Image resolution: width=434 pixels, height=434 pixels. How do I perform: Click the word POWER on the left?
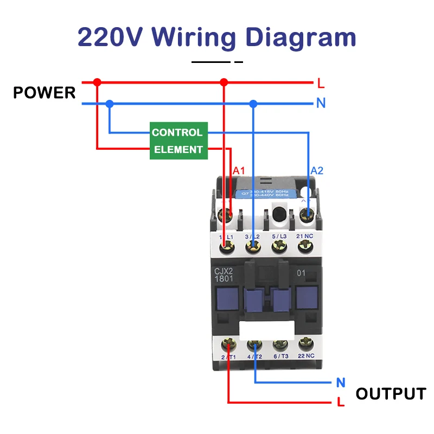pyautogui.click(x=44, y=93)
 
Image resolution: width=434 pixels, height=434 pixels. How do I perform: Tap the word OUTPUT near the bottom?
pyautogui.click(x=391, y=393)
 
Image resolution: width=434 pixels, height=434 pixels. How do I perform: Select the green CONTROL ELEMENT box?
pyautogui.click(x=178, y=141)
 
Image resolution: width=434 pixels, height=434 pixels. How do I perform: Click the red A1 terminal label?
pyautogui.click(x=239, y=170)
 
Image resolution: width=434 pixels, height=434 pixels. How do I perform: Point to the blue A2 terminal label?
pyautogui.click(x=317, y=170)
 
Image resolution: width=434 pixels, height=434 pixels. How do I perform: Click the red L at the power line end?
pyautogui.click(x=321, y=84)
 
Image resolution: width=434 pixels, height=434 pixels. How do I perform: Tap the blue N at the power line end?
pyautogui.click(x=321, y=103)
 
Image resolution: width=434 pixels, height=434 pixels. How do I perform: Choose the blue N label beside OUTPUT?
pyautogui.click(x=341, y=382)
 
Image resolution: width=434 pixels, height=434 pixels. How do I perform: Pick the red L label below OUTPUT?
pyautogui.click(x=341, y=403)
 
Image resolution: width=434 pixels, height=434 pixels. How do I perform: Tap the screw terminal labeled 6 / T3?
pyautogui.click(x=280, y=344)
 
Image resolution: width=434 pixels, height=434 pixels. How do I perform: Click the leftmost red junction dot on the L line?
pyautogui.click(x=97, y=82)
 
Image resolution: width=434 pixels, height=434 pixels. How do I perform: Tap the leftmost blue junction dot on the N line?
pyautogui.click(x=110, y=103)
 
